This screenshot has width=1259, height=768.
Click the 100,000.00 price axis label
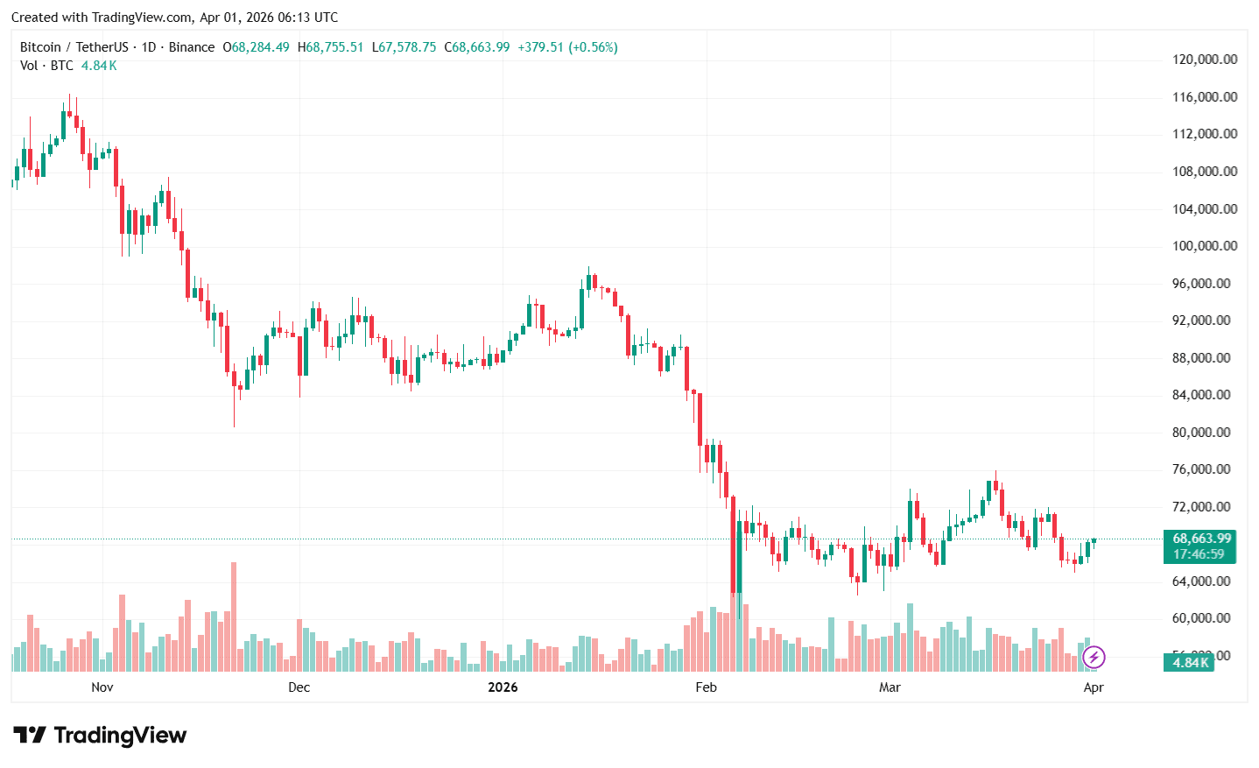click(x=1204, y=246)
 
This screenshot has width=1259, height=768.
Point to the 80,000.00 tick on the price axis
click(x=1204, y=433)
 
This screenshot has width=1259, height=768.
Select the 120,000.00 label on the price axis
click(x=1204, y=60)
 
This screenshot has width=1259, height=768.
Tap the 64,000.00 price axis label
click(x=1204, y=581)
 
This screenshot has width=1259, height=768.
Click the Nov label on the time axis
click(x=102, y=687)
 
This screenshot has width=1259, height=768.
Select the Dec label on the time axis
click(x=299, y=687)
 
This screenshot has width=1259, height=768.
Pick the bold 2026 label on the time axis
click(x=503, y=687)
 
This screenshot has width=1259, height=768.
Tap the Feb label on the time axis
click(x=706, y=687)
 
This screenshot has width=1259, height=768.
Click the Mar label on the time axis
click(x=890, y=687)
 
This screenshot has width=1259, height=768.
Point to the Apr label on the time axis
click(x=1094, y=687)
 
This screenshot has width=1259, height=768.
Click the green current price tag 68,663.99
click(x=1200, y=539)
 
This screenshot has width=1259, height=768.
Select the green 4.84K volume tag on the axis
click(x=1190, y=663)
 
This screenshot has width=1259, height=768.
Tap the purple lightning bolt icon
click(x=1094, y=657)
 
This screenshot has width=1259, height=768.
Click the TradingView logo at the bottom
click(x=100, y=736)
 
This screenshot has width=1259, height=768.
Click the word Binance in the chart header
click(x=191, y=47)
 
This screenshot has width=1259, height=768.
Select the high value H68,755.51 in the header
click(x=330, y=47)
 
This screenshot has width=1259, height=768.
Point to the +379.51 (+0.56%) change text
click(x=567, y=47)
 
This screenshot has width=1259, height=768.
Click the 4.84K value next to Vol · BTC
click(x=99, y=66)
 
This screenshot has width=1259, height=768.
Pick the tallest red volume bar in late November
click(x=234, y=617)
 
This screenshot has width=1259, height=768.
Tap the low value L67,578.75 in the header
click(x=404, y=47)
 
